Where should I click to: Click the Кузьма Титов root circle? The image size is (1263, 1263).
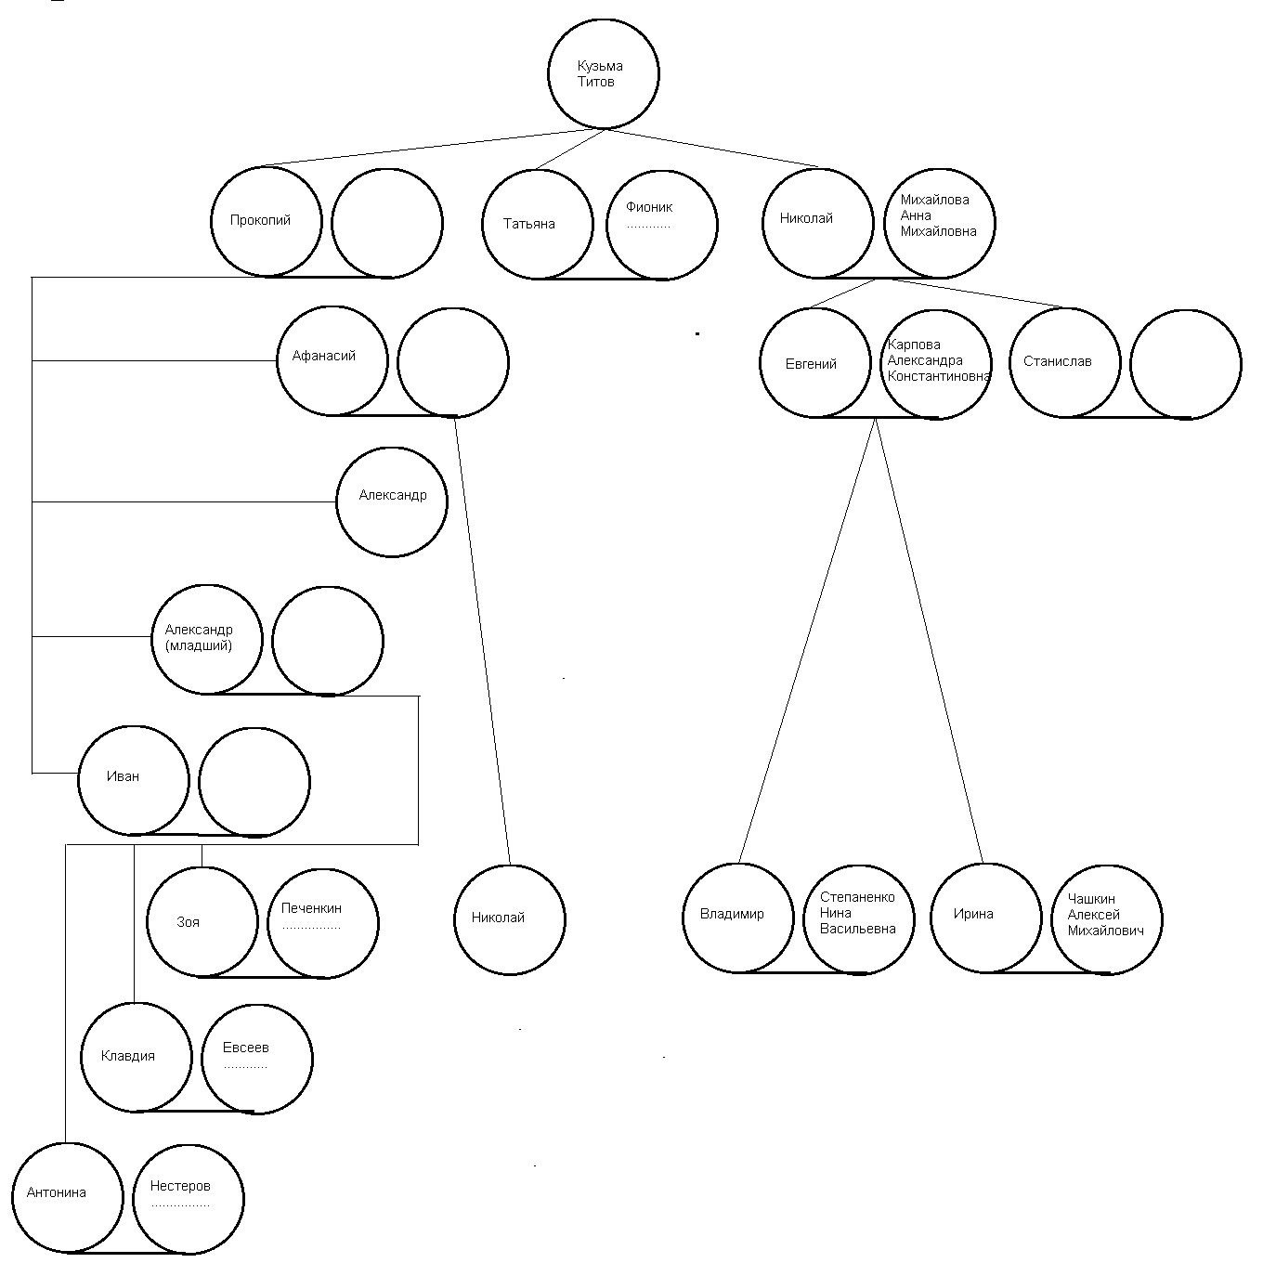(604, 73)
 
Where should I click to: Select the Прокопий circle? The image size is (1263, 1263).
(266, 222)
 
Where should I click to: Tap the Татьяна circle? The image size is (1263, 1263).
(537, 224)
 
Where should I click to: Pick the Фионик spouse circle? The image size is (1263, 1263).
(662, 224)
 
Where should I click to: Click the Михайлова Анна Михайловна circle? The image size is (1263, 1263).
(939, 223)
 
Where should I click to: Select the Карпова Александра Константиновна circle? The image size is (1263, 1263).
(935, 363)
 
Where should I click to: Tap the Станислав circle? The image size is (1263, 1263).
(1064, 362)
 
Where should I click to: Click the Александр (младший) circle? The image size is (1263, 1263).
(207, 639)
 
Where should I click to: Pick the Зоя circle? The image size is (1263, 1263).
(202, 921)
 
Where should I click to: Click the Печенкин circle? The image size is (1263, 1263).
(323, 922)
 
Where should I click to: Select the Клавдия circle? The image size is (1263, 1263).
(136, 1057)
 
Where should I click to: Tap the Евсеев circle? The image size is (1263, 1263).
(256, 1058)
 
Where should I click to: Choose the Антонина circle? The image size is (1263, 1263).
(68, 1197)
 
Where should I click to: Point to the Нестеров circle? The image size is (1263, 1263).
(189, 1198)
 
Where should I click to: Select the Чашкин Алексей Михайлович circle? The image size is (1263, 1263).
(1106, 918)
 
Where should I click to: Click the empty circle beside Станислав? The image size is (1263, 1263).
(1185, 363)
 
